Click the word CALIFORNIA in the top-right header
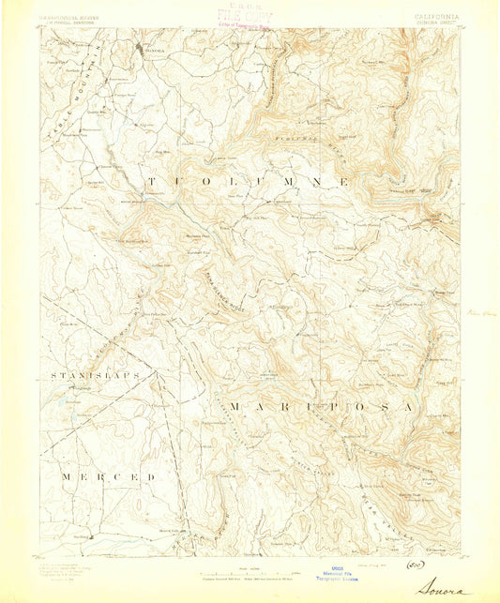(433, 15)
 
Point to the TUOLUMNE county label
(248, 179)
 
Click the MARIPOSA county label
(319, 406)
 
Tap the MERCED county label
(109, 477)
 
